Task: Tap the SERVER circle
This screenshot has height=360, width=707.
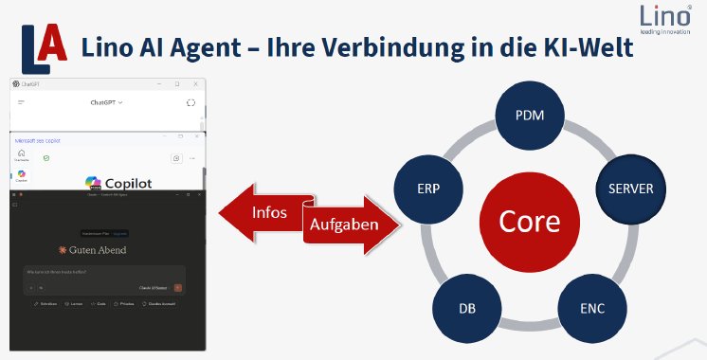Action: coord(630,189)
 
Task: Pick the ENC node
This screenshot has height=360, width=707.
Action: coord(591,309)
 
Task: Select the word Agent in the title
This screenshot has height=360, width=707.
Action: coord(220,49)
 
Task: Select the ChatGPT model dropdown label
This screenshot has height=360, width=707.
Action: coord(106,101)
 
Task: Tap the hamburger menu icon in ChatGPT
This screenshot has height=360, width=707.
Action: coord(21,101)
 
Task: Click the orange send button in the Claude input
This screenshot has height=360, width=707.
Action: coord(177,286)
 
